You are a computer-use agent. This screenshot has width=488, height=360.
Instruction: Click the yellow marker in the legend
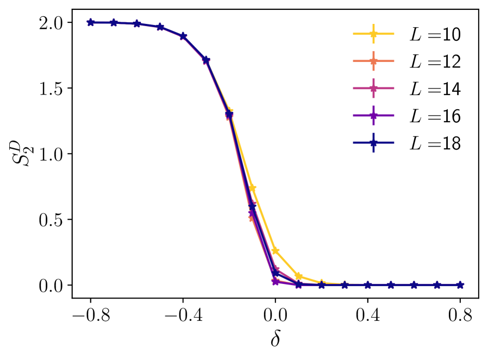click(x=373, y=34)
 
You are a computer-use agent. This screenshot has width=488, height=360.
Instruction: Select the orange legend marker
click(x=373, y=61)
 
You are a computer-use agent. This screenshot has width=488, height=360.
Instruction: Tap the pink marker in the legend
click(x=373, y=88)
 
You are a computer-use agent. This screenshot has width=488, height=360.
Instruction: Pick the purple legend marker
click(x=373, y=115)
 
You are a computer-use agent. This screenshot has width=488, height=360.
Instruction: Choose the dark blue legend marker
click(x=373, y=143)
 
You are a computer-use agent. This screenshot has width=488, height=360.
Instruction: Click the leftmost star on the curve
click(x=91, y=22)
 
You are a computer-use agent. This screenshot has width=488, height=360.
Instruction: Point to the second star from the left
click(x=114, y=22)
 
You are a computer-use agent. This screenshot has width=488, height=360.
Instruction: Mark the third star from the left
click(x=137, y=24)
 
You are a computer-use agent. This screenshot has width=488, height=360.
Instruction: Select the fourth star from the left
click(x=160, y=27)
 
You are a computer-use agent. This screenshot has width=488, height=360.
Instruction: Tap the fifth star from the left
click(x=183, y=36)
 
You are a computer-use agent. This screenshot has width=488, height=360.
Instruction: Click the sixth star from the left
click(x=206, y=60)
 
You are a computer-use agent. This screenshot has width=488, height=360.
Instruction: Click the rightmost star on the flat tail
click(x=460, y=285)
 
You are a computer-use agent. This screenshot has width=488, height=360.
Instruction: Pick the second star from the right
click(x=437, y=285)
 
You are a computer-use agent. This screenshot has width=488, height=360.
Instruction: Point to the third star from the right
click(x=414, y=285)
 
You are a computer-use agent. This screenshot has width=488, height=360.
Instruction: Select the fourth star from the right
click(x=391, y=285)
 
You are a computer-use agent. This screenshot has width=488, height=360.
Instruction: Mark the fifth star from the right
click(x=368, y=285)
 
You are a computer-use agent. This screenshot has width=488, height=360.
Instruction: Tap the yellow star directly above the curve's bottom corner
click(x=276, y=250)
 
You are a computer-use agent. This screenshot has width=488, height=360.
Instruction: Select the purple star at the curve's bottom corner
click(x=276, y=281)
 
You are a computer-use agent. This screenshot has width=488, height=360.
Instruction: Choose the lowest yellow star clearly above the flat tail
click(x=298, y=276)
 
